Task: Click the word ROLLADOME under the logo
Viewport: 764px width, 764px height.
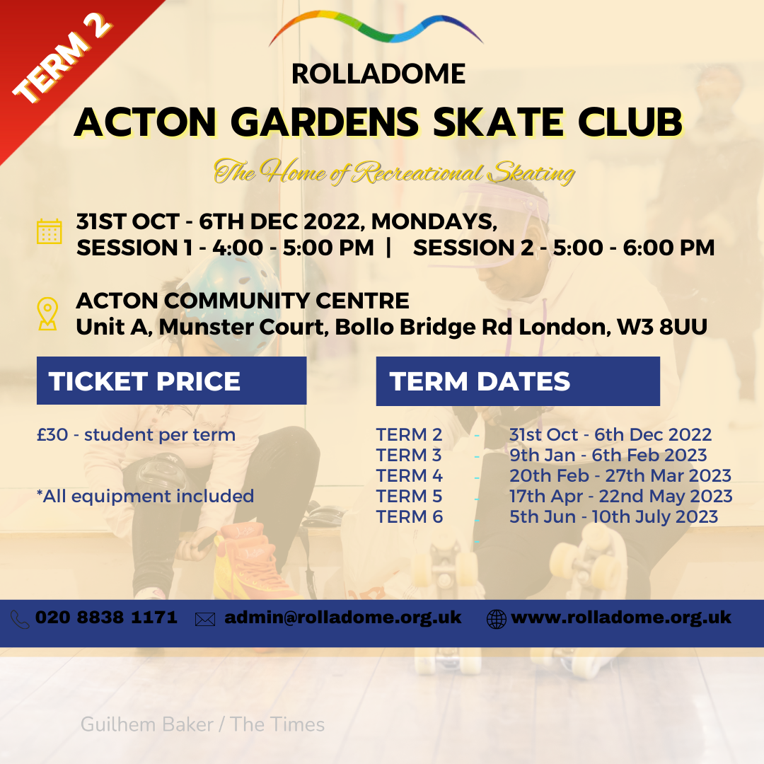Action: click(378, 74)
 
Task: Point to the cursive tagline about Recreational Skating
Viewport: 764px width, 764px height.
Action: click(395, 172)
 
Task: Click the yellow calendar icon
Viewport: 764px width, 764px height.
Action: click(49, 231)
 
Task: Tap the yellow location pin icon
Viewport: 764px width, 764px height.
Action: click(47, 314)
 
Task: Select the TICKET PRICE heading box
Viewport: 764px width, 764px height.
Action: click(171, 381)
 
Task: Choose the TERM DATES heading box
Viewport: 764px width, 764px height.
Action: click(517, 381)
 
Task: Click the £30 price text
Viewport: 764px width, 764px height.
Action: click(52, 434)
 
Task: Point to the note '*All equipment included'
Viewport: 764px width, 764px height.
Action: click(145, 496)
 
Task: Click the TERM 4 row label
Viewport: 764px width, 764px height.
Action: click(410, 475)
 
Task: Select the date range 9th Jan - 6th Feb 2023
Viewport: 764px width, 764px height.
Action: click(608, 455)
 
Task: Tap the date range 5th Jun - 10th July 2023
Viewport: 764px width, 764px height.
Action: click(613, 516)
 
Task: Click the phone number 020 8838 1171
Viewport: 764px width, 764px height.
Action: click(106, 618)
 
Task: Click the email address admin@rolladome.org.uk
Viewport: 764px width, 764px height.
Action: click(343, 618)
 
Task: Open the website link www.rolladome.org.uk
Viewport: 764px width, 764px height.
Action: click(620, 618)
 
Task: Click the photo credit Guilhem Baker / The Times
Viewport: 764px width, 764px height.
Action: click(202, 724)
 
